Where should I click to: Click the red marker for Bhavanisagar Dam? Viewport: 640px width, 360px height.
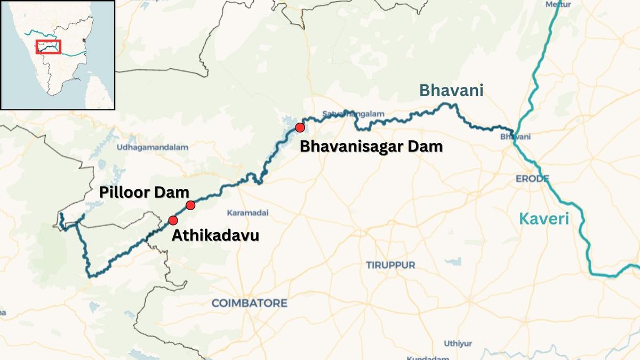300,127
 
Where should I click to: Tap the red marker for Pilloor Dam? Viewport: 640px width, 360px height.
190,205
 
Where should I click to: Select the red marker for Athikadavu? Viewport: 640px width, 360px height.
173,220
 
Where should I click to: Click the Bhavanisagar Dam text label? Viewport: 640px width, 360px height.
371,147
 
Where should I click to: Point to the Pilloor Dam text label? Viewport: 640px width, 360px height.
145,193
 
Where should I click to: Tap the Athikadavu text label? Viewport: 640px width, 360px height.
215,235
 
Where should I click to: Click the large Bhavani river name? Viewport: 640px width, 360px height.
451,91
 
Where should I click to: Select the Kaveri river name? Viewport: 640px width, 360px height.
544,219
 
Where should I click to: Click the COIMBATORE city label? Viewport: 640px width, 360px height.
249,303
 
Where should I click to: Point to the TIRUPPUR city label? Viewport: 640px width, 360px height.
390,265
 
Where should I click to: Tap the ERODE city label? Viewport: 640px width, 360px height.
532,178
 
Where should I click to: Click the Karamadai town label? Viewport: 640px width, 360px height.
247,213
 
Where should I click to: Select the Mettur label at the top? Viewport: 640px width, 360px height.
558,4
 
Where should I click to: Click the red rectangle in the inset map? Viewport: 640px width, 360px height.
49,47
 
